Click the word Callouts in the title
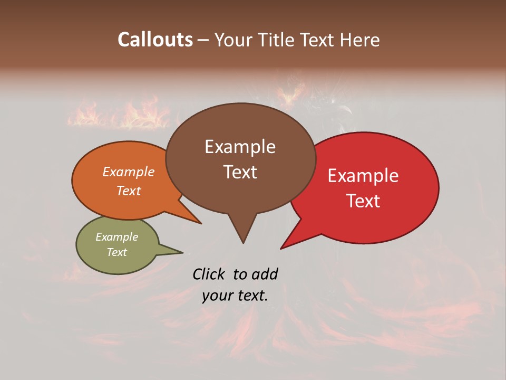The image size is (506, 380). [155, 40]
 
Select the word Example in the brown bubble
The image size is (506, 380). [240, 147]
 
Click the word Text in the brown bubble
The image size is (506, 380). [240, 172]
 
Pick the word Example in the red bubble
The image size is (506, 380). [363, 176]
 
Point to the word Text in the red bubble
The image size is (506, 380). [363, 201]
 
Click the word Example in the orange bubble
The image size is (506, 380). [129, 172]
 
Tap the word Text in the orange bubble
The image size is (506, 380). [129, 191]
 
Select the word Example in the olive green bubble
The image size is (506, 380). [116, 237]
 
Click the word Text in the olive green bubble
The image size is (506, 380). [116, 252]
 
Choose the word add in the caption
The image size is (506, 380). [265, 274]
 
